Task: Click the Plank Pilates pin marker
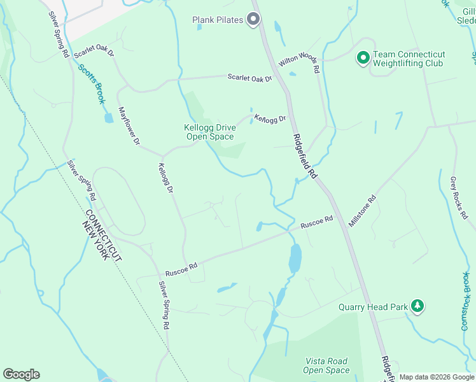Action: [x=253, y=20]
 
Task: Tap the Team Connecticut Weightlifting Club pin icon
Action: [x=363, y=59]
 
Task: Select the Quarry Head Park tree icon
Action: [x=417, y=306]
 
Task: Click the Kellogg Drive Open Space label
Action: [x=210, y=132]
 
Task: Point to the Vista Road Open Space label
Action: [x=326, y=365]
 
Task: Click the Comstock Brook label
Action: [x=466, y=301]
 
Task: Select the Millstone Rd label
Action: [x=363, y=211]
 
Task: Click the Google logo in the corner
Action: [x=21, y=374]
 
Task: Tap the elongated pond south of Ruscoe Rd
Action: [x=295, y=258]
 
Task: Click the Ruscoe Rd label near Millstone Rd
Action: [x=317, y=222]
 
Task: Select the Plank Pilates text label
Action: [x=218, y=20]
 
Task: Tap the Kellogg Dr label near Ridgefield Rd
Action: [x=270, y=118]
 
